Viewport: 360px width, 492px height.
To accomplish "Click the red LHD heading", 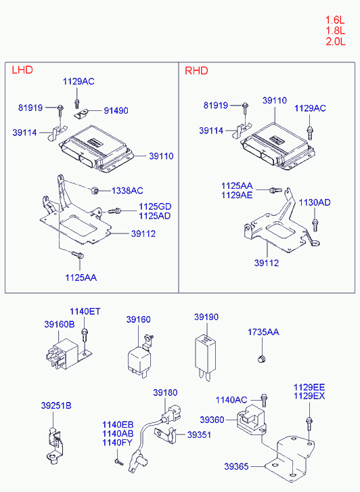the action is point(22,70).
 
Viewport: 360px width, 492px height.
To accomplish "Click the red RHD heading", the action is point(196,70).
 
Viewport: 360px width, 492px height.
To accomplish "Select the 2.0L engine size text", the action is point(336,41).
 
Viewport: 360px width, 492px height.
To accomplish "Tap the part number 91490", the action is point(116,110).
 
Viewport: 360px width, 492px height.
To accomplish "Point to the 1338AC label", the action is point(127,190).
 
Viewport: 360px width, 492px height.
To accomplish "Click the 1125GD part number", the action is point(155,206).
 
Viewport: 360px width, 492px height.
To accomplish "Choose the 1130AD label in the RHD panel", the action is point(315,202).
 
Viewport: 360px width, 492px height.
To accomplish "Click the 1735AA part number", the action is point(263,332).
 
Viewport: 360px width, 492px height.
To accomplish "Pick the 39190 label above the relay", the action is point(206,317).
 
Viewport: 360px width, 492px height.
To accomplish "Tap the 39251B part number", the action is point(56,405).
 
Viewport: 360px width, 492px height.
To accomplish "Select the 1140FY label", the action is point(118,443).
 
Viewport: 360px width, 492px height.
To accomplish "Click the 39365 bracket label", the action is point(236,466).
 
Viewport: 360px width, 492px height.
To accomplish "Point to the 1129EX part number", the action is point(309,396).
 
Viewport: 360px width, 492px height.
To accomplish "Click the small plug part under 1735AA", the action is point(261,359).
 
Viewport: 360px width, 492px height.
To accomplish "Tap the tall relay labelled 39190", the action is point(205,357).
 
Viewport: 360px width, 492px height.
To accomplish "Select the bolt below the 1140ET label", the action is point(84,334).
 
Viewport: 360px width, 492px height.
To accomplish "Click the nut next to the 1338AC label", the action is point(95,190).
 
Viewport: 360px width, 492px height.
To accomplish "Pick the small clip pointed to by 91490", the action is point(81,114).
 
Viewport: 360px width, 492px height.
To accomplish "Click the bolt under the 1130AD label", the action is point(315,225).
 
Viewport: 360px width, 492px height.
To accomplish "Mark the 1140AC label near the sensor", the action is point(231,400).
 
